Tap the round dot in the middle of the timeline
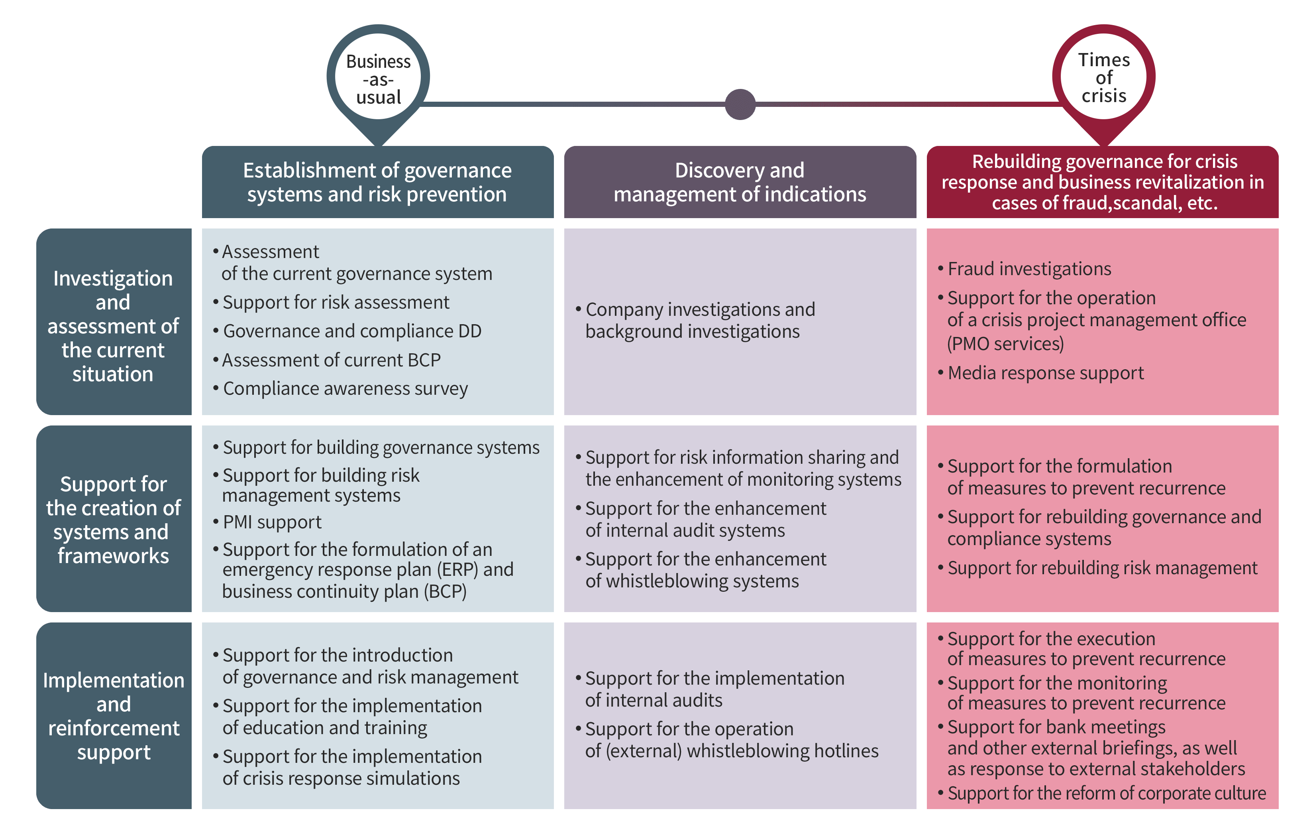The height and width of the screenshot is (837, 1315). (x=740, y=104)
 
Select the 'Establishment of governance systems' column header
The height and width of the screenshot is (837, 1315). (x=377, y=182)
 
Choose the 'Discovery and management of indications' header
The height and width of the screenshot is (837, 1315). (x=740, y=182)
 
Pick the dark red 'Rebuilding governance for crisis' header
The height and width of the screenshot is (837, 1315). (x=1103, y=182)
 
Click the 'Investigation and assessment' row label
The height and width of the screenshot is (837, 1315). (x=114, y=322)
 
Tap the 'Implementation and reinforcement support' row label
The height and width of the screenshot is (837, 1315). (x=114, y=716)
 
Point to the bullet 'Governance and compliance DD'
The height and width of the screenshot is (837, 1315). (x=347, y=331)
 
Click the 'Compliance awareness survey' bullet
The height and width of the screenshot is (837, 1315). (x=340, y=388)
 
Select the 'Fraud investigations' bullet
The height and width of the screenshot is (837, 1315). (x=1025, y=269)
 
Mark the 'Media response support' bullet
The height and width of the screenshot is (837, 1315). (x=1041, y=373)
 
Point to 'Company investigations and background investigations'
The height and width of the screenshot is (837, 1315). (x=695, y=320)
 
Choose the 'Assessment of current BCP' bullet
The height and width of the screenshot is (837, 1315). (x=327, y=360)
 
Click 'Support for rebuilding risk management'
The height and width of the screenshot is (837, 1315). (x=1098, y=568)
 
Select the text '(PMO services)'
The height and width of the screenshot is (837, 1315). (x=1006, y=344)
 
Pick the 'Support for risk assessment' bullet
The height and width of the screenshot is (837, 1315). (x=331, y=302)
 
